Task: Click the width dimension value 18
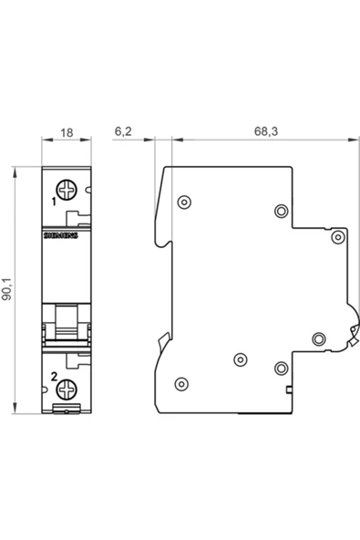click(66, 131)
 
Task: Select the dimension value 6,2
click(123, 131)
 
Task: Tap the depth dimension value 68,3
click(265, 131)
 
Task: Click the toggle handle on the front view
click(67, 323)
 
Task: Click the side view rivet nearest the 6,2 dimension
click(184, 201)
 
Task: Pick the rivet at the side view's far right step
click(337, 237)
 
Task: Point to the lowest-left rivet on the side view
click(180, 382)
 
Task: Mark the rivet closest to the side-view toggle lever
click(318, 339)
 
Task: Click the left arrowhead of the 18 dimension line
click(45, 140)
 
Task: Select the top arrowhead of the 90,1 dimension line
click(17, 171)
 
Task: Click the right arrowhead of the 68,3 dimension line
click(353, 140)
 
